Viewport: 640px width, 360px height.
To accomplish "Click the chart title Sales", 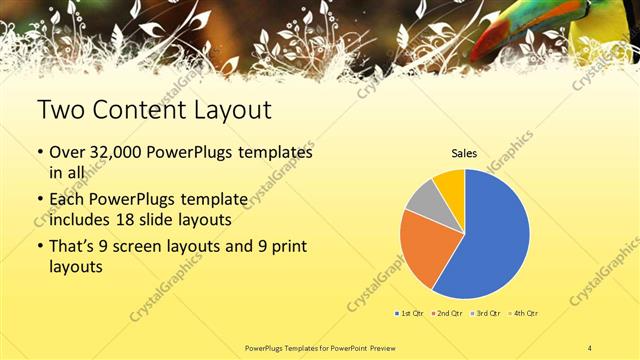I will (464, 153).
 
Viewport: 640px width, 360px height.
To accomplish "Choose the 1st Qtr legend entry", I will (410, 314).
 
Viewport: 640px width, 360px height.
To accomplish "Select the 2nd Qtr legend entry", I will (446, 314).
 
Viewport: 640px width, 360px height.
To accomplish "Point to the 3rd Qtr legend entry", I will (484, 314).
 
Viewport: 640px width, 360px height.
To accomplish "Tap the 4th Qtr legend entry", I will (521, 314).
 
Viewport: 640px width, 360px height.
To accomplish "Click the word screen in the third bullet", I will (141, 246).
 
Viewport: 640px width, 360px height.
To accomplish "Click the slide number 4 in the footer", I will (590, 347).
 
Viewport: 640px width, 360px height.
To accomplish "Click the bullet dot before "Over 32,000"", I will (41, 154).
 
